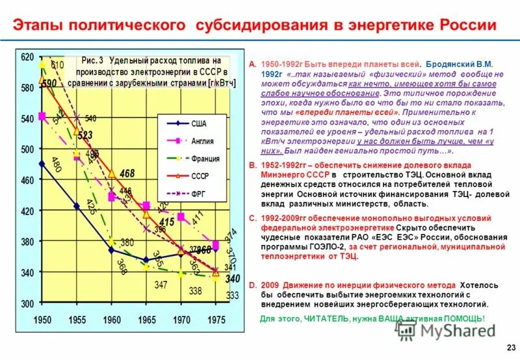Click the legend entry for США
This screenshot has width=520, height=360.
[199, 123]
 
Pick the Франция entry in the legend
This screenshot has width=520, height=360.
[205, 159]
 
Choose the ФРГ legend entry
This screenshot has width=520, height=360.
[199, 194]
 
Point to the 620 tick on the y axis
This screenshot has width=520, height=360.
[27, 57]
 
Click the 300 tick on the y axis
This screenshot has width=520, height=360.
[27, 303]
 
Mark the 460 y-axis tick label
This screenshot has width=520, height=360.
[27, 180]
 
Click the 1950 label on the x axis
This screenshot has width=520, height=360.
[42, 320]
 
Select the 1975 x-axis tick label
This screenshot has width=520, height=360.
[216, 320]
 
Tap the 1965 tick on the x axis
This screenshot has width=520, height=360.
[147, 320]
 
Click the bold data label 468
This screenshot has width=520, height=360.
[127, 174]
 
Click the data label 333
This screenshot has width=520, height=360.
[232, 295]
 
